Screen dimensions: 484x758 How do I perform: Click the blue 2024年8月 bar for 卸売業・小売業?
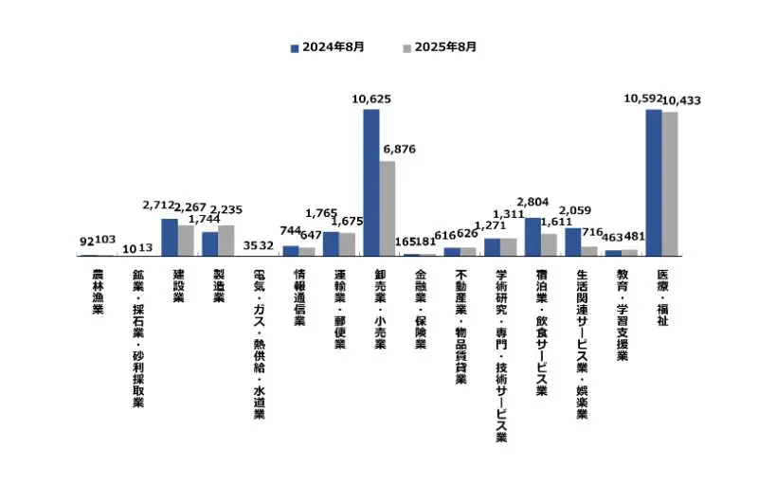tap(371, 182)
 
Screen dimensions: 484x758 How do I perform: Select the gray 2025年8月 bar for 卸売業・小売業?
tap(388, 208)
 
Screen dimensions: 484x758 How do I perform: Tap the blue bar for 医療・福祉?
tap(654, 182)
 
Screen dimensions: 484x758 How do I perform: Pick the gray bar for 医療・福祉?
tap(670, 184)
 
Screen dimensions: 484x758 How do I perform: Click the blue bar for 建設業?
tap(170, 237)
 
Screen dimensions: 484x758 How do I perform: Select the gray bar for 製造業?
tap(226, 241)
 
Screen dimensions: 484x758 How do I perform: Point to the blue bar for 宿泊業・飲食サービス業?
tap(532, 237)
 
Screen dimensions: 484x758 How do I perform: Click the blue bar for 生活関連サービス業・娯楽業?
tap(573, 242)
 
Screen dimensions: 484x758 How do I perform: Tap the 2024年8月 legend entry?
tap(327, 46)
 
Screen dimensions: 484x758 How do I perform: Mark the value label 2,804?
tap(531, 203)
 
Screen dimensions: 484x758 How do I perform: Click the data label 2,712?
tap(158, 205)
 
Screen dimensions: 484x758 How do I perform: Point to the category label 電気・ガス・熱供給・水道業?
tap(259, 345)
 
